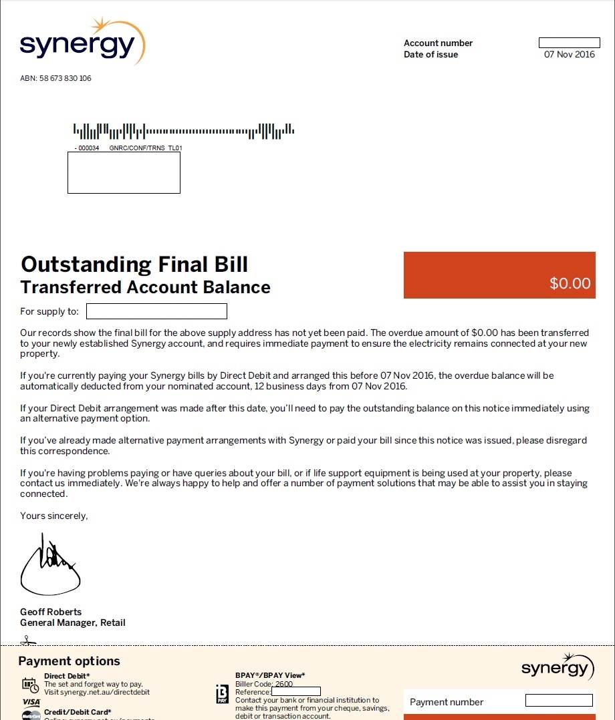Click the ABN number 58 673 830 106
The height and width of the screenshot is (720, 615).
point(55,78)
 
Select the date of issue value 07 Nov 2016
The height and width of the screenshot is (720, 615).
point(569,55)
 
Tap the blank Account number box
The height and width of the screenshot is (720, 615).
point(569,43)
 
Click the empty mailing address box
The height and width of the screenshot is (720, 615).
point(124,172)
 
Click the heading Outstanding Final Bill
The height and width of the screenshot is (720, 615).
point(134,264)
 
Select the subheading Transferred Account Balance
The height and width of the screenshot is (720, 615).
point(145,287)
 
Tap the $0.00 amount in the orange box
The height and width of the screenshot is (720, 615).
point(570,283)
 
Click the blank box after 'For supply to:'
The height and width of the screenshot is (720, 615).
point(156,311)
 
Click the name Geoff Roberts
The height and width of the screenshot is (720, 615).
point(51,612)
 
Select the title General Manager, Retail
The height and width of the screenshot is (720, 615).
point(72,622)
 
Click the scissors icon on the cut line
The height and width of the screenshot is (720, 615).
point(27,641)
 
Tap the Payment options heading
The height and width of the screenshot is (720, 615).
point(69,661)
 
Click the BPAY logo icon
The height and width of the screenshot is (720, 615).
point(222,694)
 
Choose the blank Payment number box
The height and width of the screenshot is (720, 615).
point(559,701)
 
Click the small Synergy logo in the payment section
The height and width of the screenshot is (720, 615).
point(558,667)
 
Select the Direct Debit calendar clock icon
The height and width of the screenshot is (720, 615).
point(30,685)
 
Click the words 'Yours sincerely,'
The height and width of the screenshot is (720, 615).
point(53,516)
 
